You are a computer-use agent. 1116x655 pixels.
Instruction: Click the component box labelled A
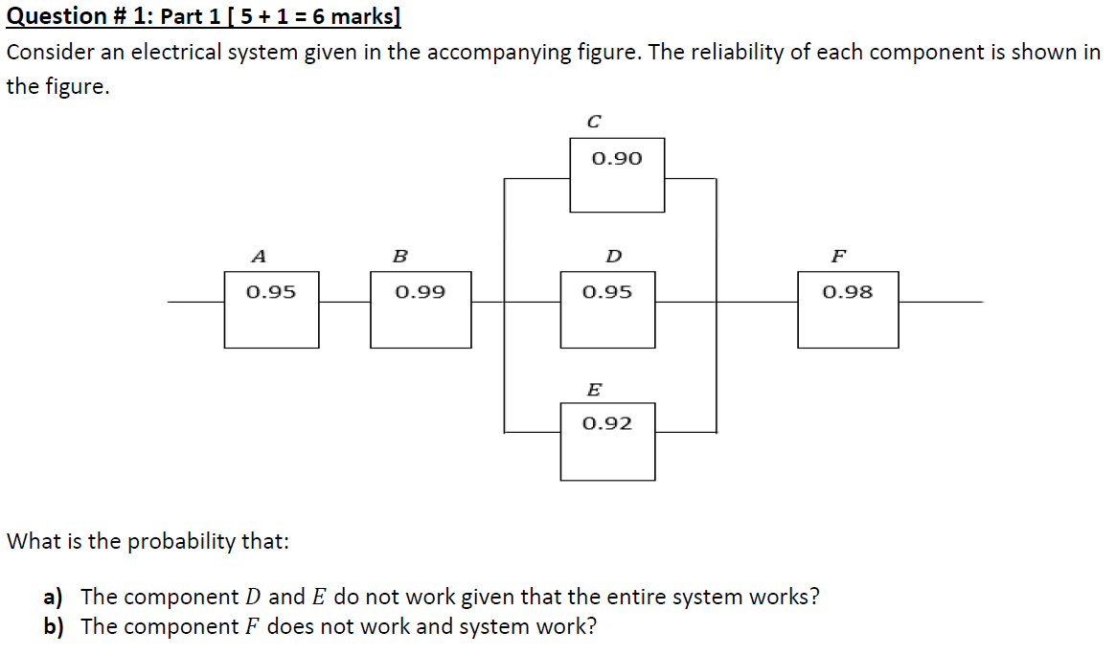pos(271,309)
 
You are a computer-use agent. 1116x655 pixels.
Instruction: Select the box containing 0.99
pos(420,309)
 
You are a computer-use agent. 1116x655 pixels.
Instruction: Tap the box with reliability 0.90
pos(617,174)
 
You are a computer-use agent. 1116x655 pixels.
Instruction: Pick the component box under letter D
pos(607,309)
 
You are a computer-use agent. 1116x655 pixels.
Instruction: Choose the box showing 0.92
pos(607,441)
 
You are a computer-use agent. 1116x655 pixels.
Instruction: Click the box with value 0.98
pos(848,309)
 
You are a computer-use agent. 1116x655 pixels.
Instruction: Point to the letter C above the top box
pos(594,122)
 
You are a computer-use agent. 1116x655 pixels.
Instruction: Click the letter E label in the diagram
pos(594,390)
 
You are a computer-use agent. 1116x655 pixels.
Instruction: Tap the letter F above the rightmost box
pos(838,257)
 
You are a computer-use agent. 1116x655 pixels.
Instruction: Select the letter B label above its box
pos(400,257)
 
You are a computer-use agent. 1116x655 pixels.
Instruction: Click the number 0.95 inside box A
pos(271,291)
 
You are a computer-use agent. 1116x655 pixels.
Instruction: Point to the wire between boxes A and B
pos(345,302)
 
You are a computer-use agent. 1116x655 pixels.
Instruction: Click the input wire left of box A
pos(195,302)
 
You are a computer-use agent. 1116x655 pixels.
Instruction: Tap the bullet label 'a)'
pos(53,598)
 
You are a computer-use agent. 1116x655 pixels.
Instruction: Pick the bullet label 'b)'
pos(53,627)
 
